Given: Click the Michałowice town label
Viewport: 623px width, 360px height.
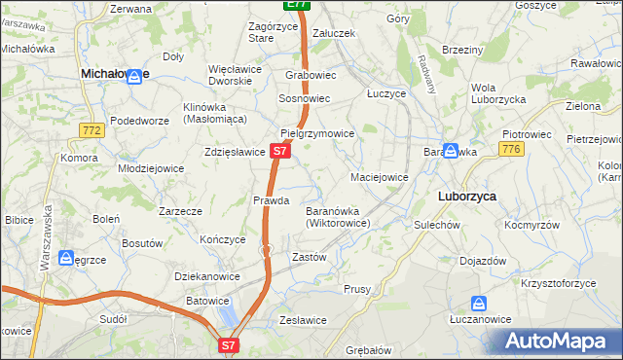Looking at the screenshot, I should [x=114, y=73].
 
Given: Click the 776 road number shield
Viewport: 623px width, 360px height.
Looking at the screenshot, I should [x=511, y=149].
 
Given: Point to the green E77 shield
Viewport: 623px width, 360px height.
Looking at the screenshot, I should [x=298, y=5].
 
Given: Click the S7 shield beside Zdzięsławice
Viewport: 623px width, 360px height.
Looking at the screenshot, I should [x=279, y=151].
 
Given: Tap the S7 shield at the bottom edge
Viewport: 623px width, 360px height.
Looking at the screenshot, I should [x=228, y=344].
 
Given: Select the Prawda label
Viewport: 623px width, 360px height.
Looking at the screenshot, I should [x=272, y=200].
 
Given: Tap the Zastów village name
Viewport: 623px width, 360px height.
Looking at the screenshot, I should [x=309, y=257].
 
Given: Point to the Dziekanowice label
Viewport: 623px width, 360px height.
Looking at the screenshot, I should [x=207, y=276].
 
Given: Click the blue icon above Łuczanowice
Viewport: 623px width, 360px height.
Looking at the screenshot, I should [x=478, y=303].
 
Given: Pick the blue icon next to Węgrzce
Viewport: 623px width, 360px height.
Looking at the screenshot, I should [x=66, y=258].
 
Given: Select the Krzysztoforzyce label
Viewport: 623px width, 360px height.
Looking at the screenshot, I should [x=559, y=282].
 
